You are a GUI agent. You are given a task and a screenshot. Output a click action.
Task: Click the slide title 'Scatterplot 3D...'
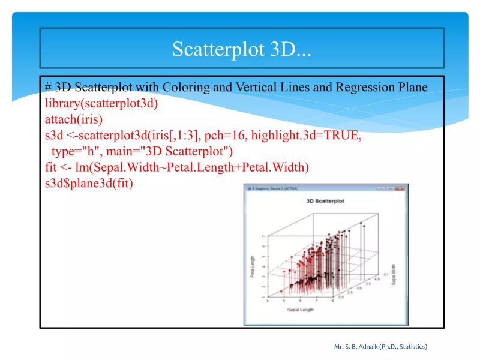[x=241, y=49]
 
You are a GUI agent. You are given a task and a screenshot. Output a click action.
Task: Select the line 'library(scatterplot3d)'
[x=101, y=103]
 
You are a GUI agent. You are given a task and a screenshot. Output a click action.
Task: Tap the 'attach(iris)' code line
[x=73, y=119]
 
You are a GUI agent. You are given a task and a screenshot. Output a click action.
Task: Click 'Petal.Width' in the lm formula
[x=278, y=167]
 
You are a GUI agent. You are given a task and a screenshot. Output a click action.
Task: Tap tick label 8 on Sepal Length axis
[x=333, y=301]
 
